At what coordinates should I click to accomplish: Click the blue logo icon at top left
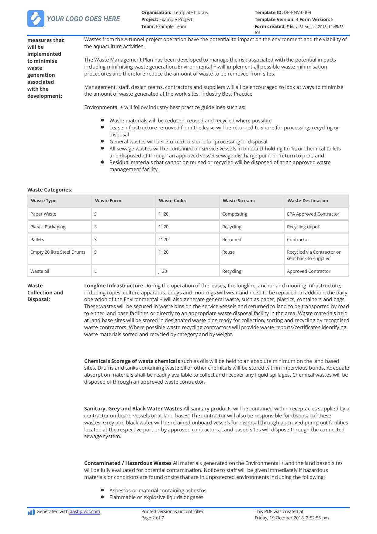[36, 19]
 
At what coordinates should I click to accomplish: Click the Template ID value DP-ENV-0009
[297, 12]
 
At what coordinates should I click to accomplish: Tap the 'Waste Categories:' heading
[50, 190]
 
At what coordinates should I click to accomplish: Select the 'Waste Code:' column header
[172, 201]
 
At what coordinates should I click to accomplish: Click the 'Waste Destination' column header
[308, 201]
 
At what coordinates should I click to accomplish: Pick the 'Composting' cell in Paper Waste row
[234, 214]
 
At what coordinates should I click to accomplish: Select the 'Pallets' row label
[37, 240]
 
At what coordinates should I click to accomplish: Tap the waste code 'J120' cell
[163, 271]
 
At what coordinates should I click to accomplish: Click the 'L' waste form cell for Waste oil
[95, 271]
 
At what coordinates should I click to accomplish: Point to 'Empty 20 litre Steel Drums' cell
[58, 252]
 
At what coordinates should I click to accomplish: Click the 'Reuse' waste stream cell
[228, 252]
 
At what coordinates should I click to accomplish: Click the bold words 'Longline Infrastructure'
[113, 286]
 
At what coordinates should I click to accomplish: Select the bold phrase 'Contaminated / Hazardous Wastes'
[128, 463]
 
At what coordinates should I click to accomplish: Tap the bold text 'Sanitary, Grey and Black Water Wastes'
[133, 409]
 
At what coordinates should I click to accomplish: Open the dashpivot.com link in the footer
[85, 511]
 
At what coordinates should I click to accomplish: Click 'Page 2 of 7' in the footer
[153, 518]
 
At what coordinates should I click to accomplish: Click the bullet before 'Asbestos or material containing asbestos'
[102, 490]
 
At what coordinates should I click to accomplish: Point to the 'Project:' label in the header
[150, 19]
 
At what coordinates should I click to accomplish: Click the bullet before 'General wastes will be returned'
[102, 141]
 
